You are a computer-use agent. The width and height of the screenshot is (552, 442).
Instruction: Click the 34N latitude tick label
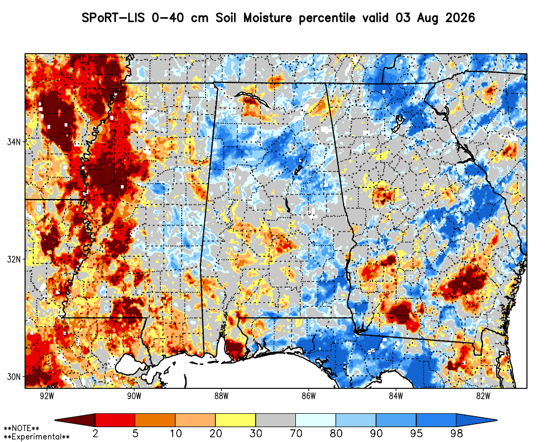(14, 141)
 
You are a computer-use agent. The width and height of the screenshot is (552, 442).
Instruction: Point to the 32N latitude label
(14, 260)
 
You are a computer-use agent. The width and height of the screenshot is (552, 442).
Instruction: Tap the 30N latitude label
(14, 377)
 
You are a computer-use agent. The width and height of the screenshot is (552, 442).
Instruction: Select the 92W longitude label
(47, 396)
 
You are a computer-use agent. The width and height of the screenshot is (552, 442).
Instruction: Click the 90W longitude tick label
(134, 396)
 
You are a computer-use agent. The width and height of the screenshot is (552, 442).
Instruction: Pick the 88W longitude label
(221, 396)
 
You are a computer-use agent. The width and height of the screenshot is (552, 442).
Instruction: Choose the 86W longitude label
(309, 396)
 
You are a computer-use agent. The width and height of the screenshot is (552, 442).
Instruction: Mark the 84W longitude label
(396, 396)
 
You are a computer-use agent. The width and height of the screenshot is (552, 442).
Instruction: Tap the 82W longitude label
(484, 396)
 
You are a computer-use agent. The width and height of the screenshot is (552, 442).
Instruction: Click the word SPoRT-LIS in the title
(113, 18)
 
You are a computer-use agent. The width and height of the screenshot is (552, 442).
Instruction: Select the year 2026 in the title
(460, 18)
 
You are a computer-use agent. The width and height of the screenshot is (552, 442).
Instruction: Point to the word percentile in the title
(327, 18)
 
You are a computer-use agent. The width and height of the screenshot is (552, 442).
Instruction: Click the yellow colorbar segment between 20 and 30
(236, 420)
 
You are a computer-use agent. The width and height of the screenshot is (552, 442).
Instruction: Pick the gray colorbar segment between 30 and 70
(275, 420)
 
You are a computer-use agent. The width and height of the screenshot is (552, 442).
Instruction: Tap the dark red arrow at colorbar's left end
(75, 420)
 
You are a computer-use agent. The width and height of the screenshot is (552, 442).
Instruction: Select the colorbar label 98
(457, 433)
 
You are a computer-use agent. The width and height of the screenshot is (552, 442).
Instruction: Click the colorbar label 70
(296, 433)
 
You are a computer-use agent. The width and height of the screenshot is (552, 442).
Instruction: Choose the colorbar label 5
(136, 433)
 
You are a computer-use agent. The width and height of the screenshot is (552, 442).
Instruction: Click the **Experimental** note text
(36, 437)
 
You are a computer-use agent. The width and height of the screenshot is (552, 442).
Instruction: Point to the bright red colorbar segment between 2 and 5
(115, 420)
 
